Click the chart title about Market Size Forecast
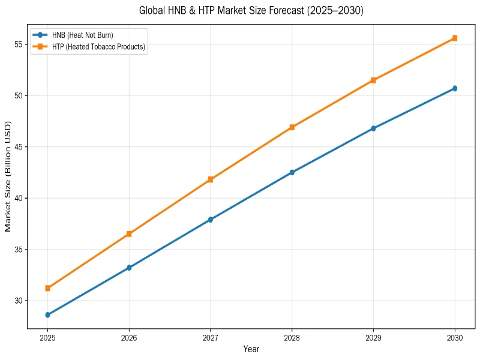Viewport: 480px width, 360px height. tap(251, 11)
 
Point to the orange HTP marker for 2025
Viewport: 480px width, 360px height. tap(47, 288)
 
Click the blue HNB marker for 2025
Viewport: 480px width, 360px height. tap(47, 314)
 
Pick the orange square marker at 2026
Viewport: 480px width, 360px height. tap(129, 234)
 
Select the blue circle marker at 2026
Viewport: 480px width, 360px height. tap(129, 268)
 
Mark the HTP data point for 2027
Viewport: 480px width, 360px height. tap(211, 179)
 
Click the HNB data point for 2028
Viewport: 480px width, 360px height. tap(292, 172)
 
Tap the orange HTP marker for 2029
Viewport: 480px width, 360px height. tap(373, 80)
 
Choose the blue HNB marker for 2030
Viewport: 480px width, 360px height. tap(455, 88)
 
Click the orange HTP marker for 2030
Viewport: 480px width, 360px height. tap(455, 38)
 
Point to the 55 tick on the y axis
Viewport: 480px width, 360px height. tap(19, 44)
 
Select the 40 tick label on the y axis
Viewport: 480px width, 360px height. tap(19, 198)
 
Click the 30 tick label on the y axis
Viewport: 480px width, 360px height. tap(19, 301)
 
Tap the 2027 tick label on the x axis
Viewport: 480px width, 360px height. tap(211, 337)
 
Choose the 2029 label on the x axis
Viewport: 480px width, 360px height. tap(373, 337)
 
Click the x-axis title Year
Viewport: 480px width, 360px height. tap(251, 349)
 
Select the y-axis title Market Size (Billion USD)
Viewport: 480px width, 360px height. tap(8, 176)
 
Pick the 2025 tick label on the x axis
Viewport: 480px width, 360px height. tap(47, 337)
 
